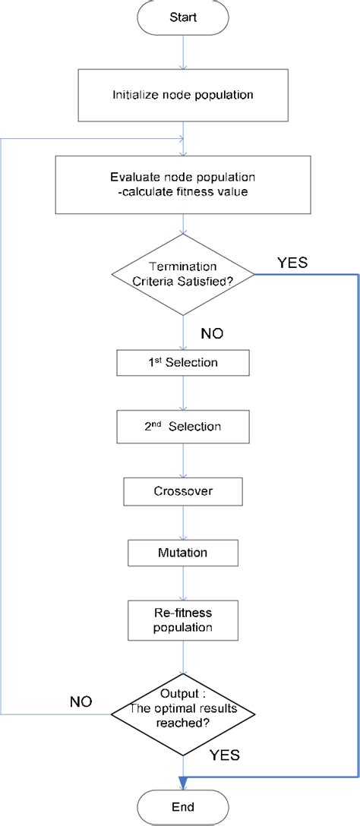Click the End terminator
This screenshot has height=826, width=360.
point(183,806)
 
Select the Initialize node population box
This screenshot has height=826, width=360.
point(183,96)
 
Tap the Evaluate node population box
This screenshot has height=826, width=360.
point(183,184)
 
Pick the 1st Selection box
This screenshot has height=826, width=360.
point(183,362)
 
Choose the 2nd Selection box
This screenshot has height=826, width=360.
point(183,427)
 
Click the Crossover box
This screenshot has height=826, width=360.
point(183,491)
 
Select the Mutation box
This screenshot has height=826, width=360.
point(183,552)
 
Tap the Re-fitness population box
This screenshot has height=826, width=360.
point(183,620)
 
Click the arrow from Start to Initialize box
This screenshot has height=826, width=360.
point(183,51)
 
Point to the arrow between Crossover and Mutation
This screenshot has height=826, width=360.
point(183,522)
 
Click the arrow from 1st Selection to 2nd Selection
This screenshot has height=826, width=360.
point(183,394)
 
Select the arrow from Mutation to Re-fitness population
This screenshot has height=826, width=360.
point(183,583)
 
